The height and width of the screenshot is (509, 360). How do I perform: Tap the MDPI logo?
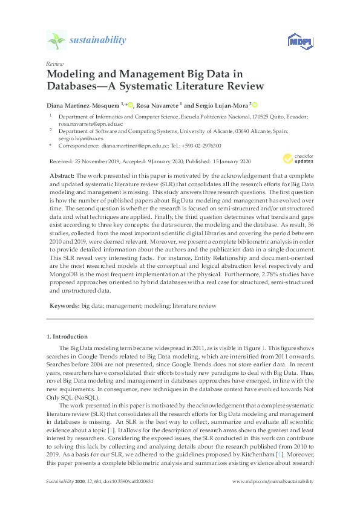pos(300,41)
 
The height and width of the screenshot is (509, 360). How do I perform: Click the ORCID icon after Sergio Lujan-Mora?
pos(255,104)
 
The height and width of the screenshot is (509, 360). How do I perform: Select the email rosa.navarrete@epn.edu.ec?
pos(82,123)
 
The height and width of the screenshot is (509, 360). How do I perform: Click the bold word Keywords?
pos(64,306)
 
